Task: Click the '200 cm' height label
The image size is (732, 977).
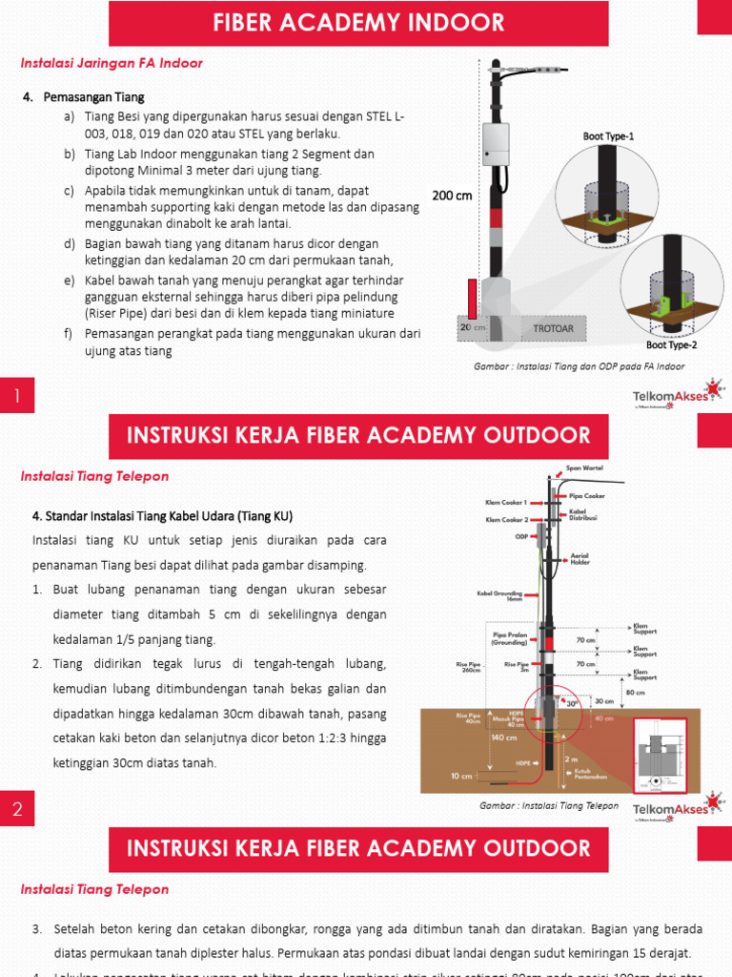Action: [452, 196]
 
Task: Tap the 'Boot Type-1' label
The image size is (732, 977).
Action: [608, 136]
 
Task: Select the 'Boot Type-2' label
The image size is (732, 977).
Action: [670, 345]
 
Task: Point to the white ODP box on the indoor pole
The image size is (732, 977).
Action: [496, 144]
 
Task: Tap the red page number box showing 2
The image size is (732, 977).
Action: [17, 810]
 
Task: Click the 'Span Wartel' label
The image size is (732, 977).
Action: [582, 468]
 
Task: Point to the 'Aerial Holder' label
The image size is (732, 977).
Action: [579, 560]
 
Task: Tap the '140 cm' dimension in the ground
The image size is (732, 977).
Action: [503, 738]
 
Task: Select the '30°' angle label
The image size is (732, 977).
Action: [573, 704]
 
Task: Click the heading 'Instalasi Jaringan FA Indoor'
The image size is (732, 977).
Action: [112, 63]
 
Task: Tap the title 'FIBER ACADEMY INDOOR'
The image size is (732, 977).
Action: [358, 23]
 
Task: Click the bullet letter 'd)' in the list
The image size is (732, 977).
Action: [70, 244]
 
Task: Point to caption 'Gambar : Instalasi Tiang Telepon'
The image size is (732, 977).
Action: [548, 806]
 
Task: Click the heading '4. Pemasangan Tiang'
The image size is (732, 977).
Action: [84, 97]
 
